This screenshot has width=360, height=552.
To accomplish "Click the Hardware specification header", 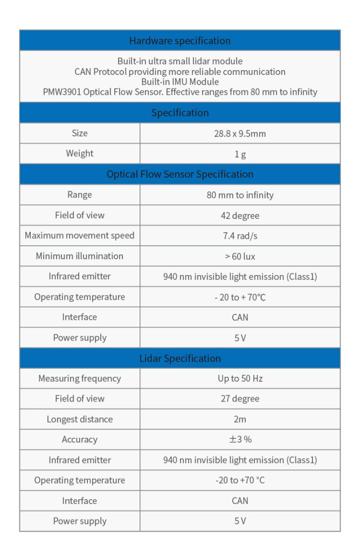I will point(179,40).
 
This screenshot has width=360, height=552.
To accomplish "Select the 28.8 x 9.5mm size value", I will point(240,133).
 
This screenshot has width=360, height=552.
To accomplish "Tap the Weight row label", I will point(80,154).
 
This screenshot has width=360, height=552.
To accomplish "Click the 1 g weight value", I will point(240,154).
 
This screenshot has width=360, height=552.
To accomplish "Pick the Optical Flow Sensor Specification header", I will point(179,174).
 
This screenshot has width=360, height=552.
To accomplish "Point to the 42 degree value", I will point(240,216).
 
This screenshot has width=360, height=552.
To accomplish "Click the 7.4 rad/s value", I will point(240,236).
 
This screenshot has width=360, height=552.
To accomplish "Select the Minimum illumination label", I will point(80,256).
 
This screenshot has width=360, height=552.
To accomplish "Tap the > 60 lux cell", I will point(240,256).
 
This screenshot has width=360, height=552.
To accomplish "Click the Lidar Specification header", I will point(179,358).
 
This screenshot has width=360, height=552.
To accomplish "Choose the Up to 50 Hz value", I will point(240,378).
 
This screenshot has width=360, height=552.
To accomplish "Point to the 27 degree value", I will point(240,399).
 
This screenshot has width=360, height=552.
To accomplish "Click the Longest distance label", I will point(80,419).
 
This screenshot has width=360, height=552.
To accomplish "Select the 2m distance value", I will point(240,419).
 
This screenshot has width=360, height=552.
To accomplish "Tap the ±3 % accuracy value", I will point(240,439).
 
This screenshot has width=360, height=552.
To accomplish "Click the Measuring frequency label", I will point(80,378).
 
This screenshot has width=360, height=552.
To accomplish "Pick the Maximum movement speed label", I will point(80,236).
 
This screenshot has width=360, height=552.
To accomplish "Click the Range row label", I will point(80,195).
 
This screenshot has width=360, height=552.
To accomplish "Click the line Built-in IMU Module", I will point(179,81).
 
